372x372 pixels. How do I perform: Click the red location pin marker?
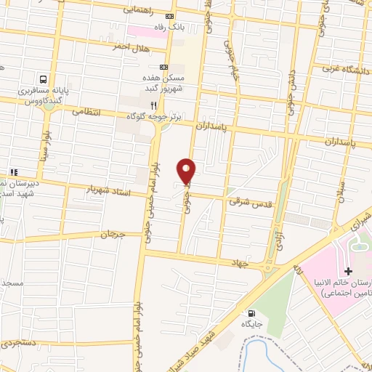[187, 171]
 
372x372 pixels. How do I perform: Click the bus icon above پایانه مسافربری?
[44, 79]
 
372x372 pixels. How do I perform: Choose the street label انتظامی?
[87, 112]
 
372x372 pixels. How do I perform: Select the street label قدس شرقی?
[250, 203]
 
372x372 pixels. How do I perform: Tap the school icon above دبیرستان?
[12, 172]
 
